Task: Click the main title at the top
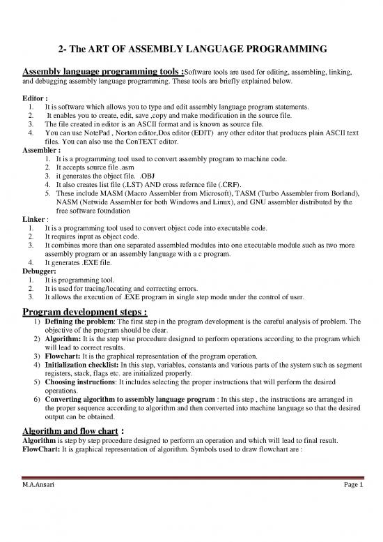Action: pos(192,49)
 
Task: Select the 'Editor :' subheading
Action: pos(36,99)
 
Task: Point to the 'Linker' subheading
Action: pos(35,219)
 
